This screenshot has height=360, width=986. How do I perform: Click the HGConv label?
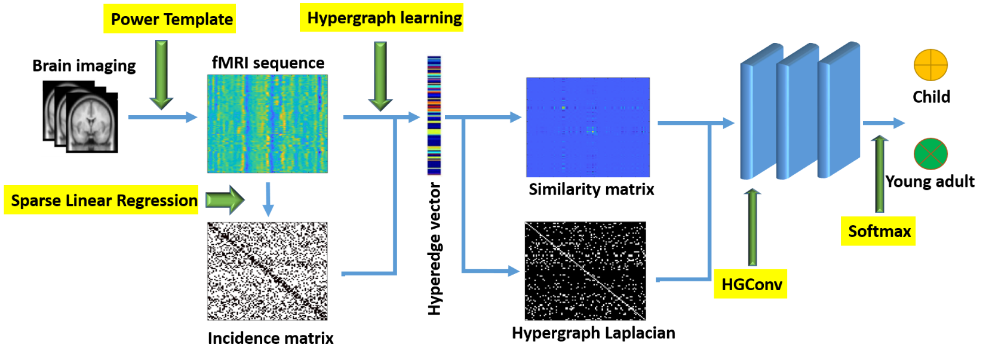tap(751, 284)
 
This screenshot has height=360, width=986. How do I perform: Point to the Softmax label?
tap(879, 232)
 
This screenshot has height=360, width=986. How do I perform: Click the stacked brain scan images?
tap(80, 118)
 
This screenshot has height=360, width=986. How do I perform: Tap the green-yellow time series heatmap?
tap(268, 124)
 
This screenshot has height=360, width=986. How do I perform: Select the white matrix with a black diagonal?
tap(268, 271)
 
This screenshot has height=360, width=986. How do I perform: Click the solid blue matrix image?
tap(588, 127)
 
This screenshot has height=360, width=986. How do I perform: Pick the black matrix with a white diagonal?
tap(585, 271)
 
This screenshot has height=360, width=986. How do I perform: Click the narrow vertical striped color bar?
tap(434, 115)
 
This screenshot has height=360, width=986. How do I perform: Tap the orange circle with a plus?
tap(930, 64)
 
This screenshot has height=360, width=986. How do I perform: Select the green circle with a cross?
tap(930, 154)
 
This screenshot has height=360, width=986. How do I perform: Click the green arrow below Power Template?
tap(161, 74)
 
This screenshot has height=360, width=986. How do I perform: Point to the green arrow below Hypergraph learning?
tap(380, 75)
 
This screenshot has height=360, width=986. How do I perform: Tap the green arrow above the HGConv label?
tap(752, 227)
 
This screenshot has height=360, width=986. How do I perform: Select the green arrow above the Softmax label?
tap(880, 173)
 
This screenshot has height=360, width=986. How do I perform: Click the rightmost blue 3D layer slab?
tap(838, 110)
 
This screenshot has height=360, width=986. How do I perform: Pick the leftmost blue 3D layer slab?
tap(760, 113)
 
